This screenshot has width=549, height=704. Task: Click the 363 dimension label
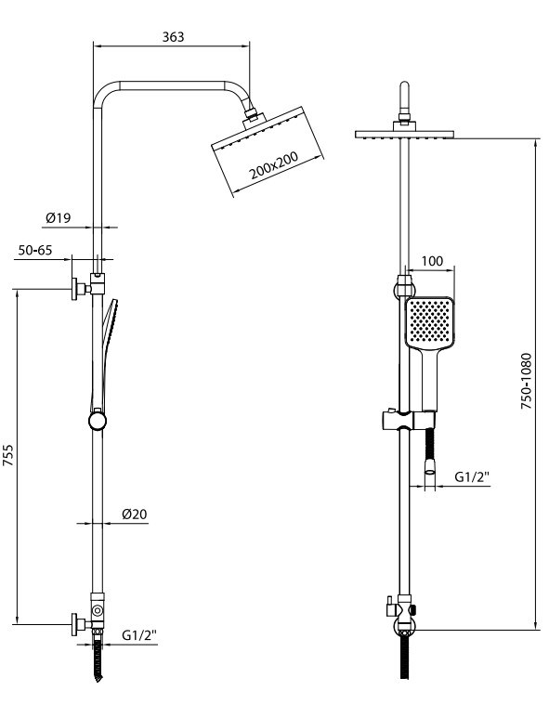[x=174, y=37]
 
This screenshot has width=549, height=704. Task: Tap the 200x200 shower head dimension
[x=274, y=165]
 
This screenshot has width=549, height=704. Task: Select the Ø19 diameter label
[x=59, y=217]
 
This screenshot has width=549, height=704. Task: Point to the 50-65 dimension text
[x=35, y=250]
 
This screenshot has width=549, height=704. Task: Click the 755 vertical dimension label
[x=8, y=455]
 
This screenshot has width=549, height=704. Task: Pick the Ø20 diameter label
[x=134, y=514]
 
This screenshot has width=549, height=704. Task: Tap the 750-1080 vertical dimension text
[x=526, y=381]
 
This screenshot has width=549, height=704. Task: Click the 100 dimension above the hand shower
[x=432, y=261]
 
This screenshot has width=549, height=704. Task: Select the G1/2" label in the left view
[x=139, y=635]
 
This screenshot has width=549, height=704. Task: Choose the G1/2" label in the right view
[x=472, y=476]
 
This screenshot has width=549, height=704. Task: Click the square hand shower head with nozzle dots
[x=430, y=322]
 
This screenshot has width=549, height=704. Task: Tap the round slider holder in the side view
[x=98, y=421]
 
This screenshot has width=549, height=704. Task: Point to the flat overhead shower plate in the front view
[x=405, y=134]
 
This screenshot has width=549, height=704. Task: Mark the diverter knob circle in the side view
[x=97, y=610]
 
